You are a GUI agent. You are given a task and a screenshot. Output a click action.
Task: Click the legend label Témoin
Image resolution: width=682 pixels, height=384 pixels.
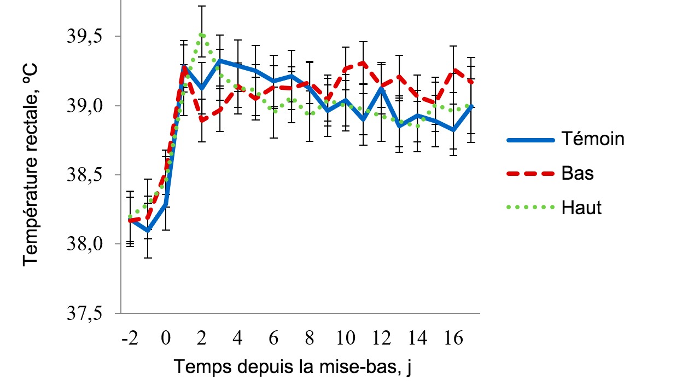tap(592, 139)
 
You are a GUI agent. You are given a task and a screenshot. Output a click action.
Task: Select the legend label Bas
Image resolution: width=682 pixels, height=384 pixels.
tap(578, 174)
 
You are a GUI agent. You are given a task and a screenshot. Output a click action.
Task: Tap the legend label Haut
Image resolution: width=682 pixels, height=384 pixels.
tap(581, 208)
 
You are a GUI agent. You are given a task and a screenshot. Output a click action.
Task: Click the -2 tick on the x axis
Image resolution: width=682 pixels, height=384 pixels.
tap(130, 338)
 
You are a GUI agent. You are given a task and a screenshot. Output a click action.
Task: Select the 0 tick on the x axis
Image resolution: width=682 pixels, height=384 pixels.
tap(166, 338)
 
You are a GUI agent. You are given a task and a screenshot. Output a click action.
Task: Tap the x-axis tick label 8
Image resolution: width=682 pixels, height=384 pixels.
tap(310, 338)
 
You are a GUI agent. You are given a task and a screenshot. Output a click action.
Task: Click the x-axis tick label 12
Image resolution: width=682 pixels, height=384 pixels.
tap(382, 338)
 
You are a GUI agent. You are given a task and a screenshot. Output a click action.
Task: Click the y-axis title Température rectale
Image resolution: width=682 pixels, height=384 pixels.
tap(31, 163)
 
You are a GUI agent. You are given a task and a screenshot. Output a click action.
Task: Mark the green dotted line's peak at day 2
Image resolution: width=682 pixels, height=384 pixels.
tap(202, 35)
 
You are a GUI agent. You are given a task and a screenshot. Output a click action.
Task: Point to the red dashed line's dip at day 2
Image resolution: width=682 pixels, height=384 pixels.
tap(202, 120)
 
